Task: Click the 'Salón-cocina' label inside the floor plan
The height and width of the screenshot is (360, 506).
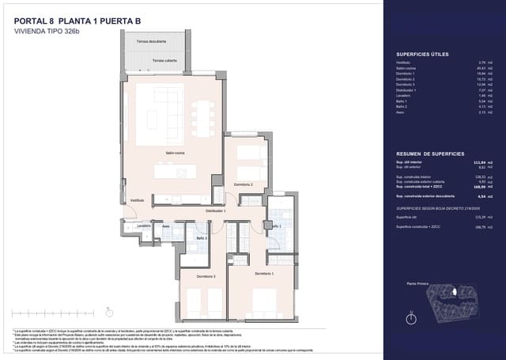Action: click(x=176, y=153)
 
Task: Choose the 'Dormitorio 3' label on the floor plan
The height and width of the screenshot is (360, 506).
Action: click(x=208, y=276)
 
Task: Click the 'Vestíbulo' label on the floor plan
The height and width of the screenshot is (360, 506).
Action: click(x=138, y=201)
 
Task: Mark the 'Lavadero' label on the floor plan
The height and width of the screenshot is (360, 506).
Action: click(x=143, y=226)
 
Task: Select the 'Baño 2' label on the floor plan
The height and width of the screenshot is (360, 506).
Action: click(x=202, y=237)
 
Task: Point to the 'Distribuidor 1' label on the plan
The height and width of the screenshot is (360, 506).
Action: click(x=216, y=211)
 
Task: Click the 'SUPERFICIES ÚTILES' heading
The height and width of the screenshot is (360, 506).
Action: click(x=422, y=54)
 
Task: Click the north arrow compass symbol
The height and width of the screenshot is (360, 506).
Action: click(x=410, y=317)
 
